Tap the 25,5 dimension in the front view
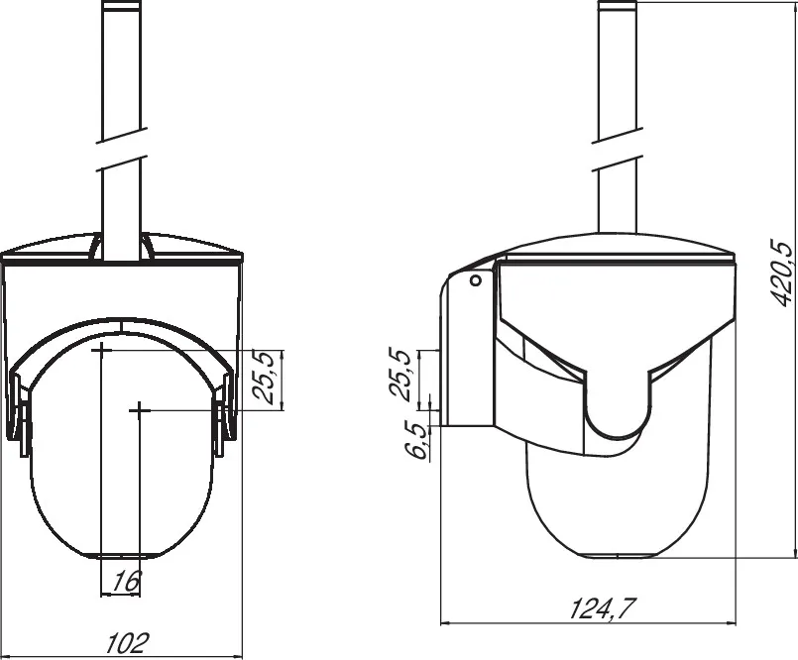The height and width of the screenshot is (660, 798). [x=264, y=378]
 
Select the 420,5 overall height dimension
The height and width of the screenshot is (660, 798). [x=780, y=272]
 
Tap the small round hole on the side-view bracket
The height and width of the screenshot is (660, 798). [x=475, y=281]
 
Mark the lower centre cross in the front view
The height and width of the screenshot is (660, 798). [x=140, y=408]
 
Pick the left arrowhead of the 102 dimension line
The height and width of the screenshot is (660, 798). [x=8, y=655]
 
